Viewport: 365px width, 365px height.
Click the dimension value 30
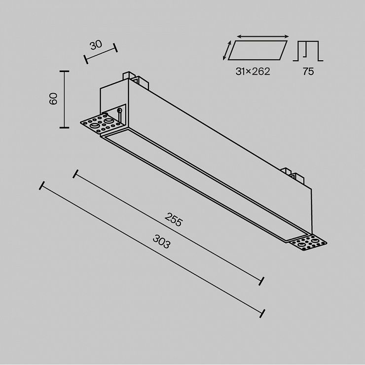tap(96, 45)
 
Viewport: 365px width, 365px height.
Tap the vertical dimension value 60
tap(54, 99)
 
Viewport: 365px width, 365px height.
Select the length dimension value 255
tap(173, 219)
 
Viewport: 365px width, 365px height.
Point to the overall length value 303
tap(162, 241)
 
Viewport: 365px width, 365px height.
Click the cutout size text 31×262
tap(253, 71)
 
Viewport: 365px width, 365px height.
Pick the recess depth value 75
tap(308, 71)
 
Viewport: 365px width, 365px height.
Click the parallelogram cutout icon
tap(257, 50)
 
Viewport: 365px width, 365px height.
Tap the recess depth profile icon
tap(308, 51)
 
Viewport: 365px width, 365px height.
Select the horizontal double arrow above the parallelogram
tap(263, 36)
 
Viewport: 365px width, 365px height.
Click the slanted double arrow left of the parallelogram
tap(227, 50)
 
